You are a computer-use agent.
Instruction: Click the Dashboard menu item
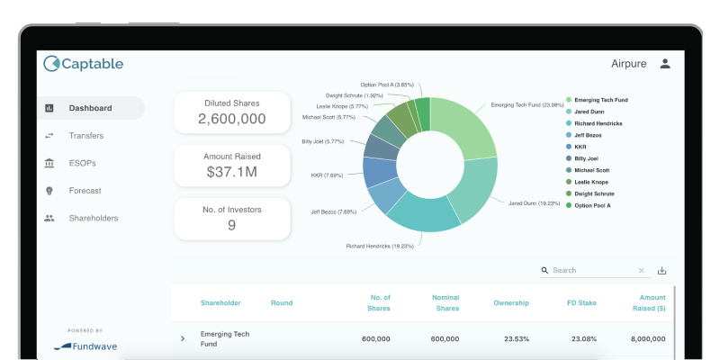[90, 108]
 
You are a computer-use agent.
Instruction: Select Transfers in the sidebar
[85, 136]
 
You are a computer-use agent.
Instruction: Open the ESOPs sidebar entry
[82, 163]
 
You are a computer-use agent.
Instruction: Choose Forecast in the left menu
[85, 191]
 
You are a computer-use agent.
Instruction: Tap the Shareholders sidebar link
[93, 218]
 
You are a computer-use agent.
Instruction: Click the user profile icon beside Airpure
[665, 64]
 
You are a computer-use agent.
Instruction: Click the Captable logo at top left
[84, 64]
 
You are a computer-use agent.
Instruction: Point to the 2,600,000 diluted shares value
[231, 119]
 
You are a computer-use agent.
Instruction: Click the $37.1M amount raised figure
[231, 172]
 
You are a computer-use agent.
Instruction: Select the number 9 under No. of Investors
[231, 225]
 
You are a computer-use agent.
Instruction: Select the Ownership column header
[510, 303]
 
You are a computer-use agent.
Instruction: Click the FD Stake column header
[582, 303]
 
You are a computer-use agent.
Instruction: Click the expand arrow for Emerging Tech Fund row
[183, 339]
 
